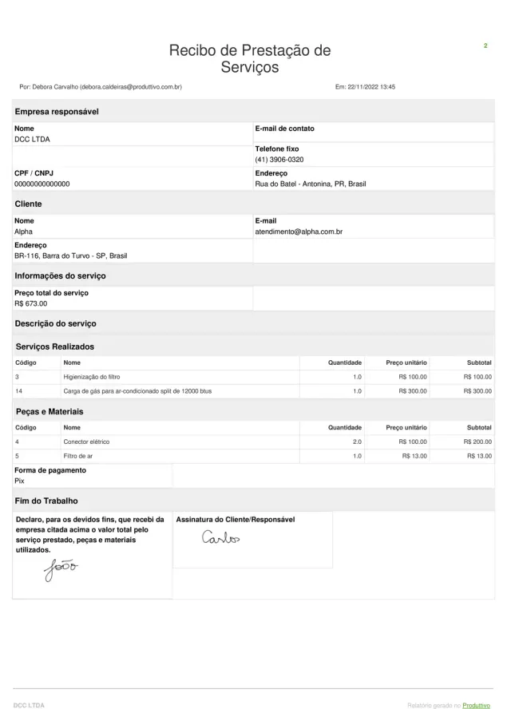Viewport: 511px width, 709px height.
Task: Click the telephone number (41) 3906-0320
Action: pyautogui.click(x=279, y=160)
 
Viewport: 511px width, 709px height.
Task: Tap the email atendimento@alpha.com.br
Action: pyautogui.click(x=299, y=232)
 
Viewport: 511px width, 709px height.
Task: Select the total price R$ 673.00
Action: pyautogui.click(x=31, y=303)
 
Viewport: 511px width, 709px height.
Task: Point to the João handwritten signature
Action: pyautogui.click(x=61, y=569)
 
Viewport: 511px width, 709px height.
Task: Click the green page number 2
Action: pyautogui.click(x=485, y=46)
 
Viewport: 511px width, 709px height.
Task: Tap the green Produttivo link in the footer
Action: pyautogui.click(x=476, y=705)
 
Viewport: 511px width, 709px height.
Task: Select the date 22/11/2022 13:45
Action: pyautogui.click(x=366, y=87)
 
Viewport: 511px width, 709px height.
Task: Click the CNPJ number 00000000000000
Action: pyautogui.click(x=42, y=184)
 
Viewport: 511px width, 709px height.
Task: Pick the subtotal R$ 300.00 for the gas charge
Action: pyautogui.click(x=477, y=391)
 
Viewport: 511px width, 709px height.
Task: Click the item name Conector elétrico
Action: pyautogui.click(x=86, y=442)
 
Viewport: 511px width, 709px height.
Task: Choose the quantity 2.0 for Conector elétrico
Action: pyautogui.click(x=357, y=442)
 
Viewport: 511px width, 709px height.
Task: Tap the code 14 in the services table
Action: pyautogui.click(x=18, y=391)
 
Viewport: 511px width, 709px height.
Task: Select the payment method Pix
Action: pyautogui.click(x=19, y=481)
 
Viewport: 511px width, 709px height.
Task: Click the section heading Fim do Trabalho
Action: pyautogui.click(x=46, y=501)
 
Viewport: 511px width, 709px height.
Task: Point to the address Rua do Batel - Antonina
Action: pyautogui.click(x=311, y=184)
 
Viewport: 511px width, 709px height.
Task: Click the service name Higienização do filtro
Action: pyautogui.click(x=92, y=376)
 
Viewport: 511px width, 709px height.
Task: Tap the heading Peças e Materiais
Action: pyautogui.click(x=50, y=412)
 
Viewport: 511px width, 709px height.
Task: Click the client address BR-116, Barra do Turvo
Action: pyautogui.click(x=70, y=255)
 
